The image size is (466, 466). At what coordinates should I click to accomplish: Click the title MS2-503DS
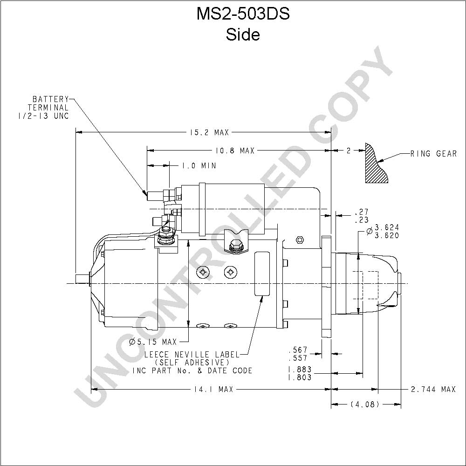coord(243,14)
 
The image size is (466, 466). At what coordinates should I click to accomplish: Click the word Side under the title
coord(243,34)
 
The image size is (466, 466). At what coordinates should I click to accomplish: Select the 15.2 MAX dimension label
coord(209,132)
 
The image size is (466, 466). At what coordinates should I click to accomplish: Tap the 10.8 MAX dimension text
coord(235,151)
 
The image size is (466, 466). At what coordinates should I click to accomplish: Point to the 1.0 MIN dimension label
coord(199,165)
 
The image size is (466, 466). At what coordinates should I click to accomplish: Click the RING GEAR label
coord(433,154)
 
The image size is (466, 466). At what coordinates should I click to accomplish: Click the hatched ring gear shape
coord(375,164)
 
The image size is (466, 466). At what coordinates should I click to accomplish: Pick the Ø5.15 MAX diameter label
coord(153,342)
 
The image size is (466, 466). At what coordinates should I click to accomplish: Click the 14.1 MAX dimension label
coord(213,389)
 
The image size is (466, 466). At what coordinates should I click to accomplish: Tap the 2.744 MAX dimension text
coord(433,389)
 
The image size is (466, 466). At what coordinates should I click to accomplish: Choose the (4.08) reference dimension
coord(364,404)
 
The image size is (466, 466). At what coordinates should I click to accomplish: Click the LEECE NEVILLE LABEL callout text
coord(192,355)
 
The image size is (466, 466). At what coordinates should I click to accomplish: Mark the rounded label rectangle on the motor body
coord(262,274)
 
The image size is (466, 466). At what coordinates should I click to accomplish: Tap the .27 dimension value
coord(362,212)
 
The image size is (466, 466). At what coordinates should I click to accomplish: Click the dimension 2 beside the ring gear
coord(348,151)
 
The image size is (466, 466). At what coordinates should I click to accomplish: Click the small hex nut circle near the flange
coord(300,240)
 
